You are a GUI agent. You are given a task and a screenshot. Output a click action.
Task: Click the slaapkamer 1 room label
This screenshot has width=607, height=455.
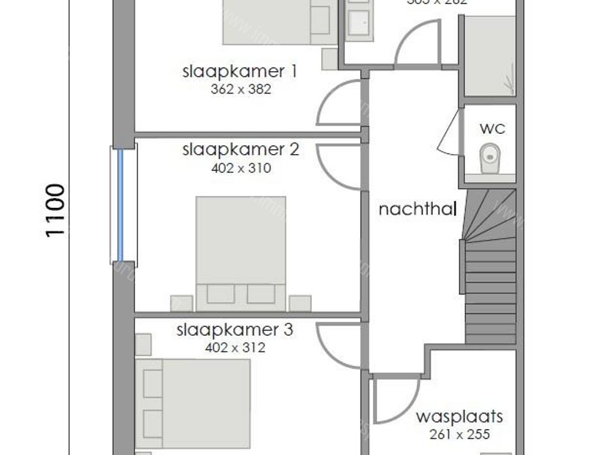tap(239, 72)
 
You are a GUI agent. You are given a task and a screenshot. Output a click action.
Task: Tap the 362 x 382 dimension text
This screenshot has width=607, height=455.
tap(241, 89)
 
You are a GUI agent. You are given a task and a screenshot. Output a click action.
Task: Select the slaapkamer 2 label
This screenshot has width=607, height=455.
tap(241, 149)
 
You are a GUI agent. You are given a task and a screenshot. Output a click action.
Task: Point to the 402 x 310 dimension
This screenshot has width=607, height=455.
tap(241, 168)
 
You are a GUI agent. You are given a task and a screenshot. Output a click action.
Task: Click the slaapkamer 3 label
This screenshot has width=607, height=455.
tap(235, 329)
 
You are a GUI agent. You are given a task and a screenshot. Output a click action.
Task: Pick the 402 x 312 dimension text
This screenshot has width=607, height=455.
tap(235, 348)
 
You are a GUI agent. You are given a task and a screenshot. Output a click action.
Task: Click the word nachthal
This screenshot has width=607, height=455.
tap(417, 209)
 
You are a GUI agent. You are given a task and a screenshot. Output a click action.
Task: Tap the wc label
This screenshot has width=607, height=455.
tap(489, 128)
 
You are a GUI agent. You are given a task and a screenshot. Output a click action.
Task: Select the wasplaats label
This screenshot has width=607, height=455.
tap(459, 416)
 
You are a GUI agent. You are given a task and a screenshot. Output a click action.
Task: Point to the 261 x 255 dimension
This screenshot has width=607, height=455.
tap(459, 434)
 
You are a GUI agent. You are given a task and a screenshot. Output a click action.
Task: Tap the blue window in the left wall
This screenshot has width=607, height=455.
tap(120, 204)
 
